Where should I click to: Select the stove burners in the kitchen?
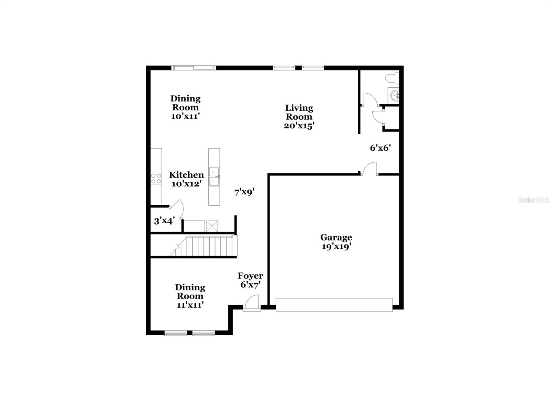tap(156, 179)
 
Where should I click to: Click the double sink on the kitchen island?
tap(214, 176)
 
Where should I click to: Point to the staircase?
tap(206, 246)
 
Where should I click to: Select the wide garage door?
tap(334, 305)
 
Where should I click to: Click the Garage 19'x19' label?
tap(336, 242)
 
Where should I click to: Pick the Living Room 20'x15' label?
tap(299, 117)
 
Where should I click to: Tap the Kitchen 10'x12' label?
tap(186, 179)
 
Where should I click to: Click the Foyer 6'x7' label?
tap(250, 280)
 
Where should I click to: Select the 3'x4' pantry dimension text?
tap(165, 221)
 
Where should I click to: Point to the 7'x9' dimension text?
tap(244, 192)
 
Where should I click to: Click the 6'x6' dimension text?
tap(380, 148)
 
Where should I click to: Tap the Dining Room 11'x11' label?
tap(190, 296)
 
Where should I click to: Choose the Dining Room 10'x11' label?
tap(185, 107)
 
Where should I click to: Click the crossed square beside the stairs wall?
tap(212, 226)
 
